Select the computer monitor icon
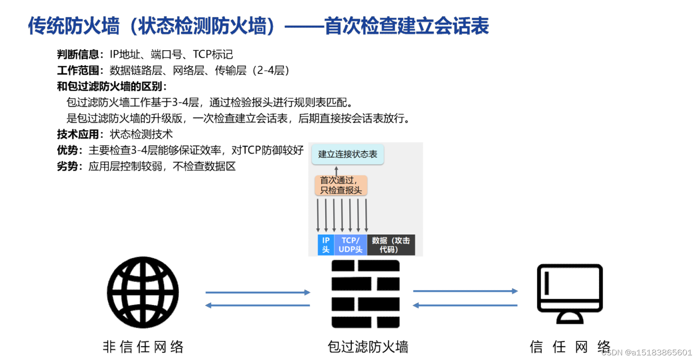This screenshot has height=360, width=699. [570, 293]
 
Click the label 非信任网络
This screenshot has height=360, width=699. [143, 347]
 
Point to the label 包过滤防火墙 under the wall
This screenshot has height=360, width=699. [368, 347]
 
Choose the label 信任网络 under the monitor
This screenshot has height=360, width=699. [570, 347]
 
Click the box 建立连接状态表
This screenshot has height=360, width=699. [348, 154]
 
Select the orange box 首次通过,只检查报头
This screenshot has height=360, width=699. [341, 185]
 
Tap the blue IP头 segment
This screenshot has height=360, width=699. [326, 245]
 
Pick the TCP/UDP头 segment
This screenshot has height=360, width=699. [350, 245]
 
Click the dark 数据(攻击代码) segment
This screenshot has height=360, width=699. [390, 245]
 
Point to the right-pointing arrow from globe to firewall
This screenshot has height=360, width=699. [258, 293]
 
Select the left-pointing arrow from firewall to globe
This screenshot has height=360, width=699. [258, 306]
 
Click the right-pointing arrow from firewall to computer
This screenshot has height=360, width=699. [465, 291]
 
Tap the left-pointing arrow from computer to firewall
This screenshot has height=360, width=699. [465, 306]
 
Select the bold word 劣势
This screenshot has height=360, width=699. [67, 167]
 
